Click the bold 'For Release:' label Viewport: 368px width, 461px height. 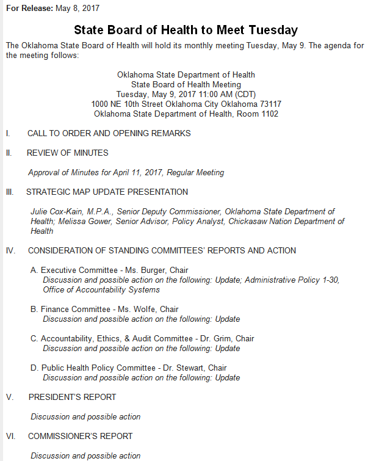tap(29, 9)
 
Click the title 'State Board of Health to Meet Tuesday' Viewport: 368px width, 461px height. tap(186, 30)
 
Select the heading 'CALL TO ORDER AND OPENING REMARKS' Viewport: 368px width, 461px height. tap(109, 133)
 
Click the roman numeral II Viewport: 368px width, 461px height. tap(9, 153)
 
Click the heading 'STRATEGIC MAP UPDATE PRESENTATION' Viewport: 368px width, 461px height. tap(107, 192)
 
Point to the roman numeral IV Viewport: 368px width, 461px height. tap(10, 250)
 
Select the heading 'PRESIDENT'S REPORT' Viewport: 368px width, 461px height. tap(72, 397)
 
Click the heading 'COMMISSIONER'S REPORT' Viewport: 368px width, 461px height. tap(80, 436)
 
